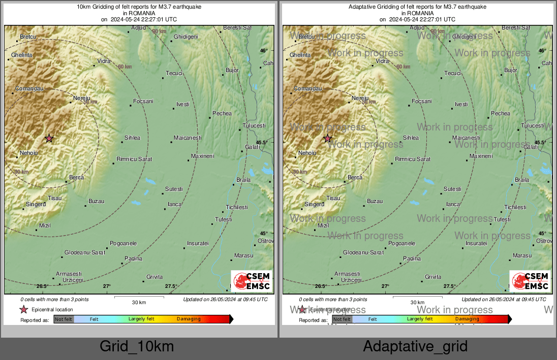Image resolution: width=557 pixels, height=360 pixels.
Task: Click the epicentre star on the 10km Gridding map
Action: (x=49, y=138)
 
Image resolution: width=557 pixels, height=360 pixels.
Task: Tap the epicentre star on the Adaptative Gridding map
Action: (x=328, y=138)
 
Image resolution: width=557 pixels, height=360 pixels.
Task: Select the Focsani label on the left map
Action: (x=143, y=102)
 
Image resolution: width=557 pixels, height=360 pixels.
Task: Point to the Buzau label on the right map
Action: (x=375, y=202)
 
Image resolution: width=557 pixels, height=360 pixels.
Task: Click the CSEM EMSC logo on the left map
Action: (x=251, y=281)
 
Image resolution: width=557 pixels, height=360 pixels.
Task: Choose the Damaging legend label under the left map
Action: (x=189, y=319)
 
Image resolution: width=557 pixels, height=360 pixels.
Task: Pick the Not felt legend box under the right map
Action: (x=342, y=319)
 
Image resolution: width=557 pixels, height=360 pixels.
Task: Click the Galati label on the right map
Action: (x=531, y=147)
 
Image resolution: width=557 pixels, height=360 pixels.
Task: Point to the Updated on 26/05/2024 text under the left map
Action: (x=225, y=300)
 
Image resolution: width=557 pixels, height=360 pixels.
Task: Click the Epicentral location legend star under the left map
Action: (x=23, y=310)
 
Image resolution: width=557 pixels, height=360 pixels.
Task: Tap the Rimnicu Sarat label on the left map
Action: (x=134, y=159)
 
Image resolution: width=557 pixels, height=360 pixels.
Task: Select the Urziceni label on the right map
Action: (x=351, y=280)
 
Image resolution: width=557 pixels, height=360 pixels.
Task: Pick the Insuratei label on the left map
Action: (x=198, y=244)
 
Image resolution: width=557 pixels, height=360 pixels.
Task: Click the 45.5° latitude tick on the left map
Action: (x=261, y=143)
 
